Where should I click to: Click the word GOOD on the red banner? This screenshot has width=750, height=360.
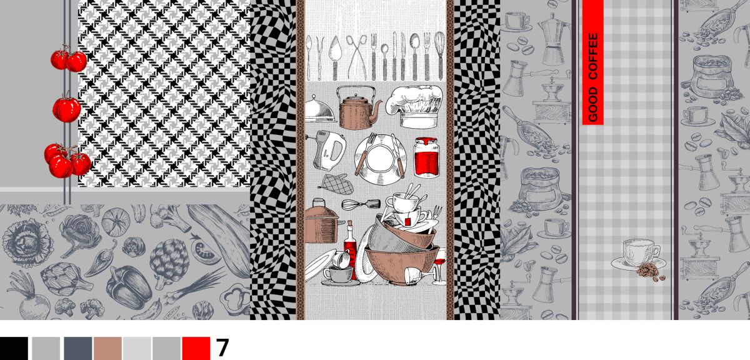click(x=593, y=104)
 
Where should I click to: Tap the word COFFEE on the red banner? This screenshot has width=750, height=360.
click(x=593, y=56)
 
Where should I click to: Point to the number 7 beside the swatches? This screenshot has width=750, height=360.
click(x=222, y=348)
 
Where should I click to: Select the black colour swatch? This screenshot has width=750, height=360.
click(x=14, y=349)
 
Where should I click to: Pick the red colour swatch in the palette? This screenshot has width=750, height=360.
click(x=196, y=349)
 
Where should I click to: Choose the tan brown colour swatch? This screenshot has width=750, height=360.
click(x=107, y=349)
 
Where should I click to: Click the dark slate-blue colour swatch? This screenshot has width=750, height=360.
click(x=77, y=349)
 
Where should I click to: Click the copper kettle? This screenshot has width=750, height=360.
click(x=359, y=108)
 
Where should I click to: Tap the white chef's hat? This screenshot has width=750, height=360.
click(x=414, y=106)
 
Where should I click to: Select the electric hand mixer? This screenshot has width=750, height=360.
click(x=329, y=151)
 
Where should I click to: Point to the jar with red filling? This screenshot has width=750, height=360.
click(x=427, y=157)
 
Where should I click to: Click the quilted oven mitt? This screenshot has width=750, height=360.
click(x=336, y=184)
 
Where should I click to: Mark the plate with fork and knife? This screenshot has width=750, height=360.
click(x=381, y=159)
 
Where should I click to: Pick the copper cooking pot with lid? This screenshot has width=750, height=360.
click(x=321, y=221)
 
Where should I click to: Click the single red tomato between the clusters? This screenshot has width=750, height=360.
click(x=67, y=108)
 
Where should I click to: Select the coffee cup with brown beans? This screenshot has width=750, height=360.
click(x=639, y=259)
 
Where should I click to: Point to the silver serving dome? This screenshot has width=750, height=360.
click(x=320, y=109)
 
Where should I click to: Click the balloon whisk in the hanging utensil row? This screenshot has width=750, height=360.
click(x=440, y=55)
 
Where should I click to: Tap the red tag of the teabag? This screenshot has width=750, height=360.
click(x=407, y=221)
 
